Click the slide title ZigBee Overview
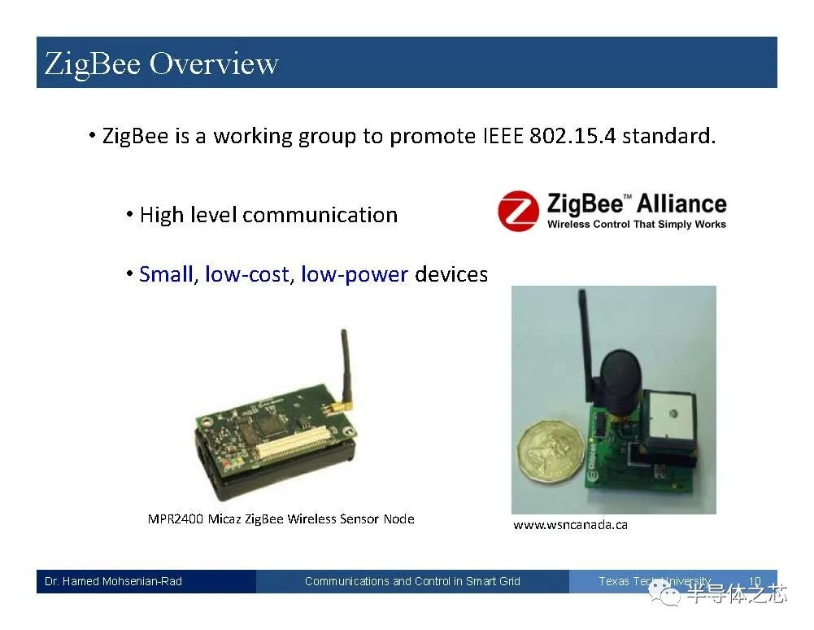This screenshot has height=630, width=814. coord(161,63)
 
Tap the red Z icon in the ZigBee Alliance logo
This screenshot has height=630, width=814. coord(519,211)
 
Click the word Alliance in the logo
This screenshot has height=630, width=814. coord(681,203)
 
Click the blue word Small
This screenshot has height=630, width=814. coord(166,274)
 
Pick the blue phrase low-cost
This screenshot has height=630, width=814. coord(246,274)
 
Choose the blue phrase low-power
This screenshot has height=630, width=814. coord(354,274)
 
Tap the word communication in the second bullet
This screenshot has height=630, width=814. coord(320,215)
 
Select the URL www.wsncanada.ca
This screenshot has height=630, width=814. coord(570,525)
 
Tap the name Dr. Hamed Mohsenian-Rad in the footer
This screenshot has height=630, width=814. coord(114,581)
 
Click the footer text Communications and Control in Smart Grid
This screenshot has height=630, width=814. coord(412,581)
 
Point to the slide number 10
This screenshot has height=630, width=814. coord(755,581)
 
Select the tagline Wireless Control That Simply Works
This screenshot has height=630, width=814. coord(636,224)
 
